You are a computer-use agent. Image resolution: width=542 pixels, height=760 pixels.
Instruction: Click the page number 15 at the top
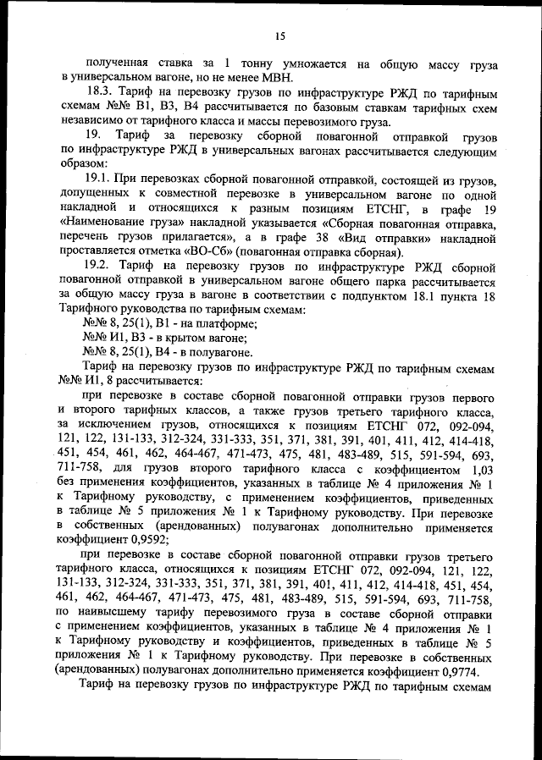tap(280, 35)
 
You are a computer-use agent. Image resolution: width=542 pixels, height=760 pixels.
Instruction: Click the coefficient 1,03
tap(480, 470)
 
